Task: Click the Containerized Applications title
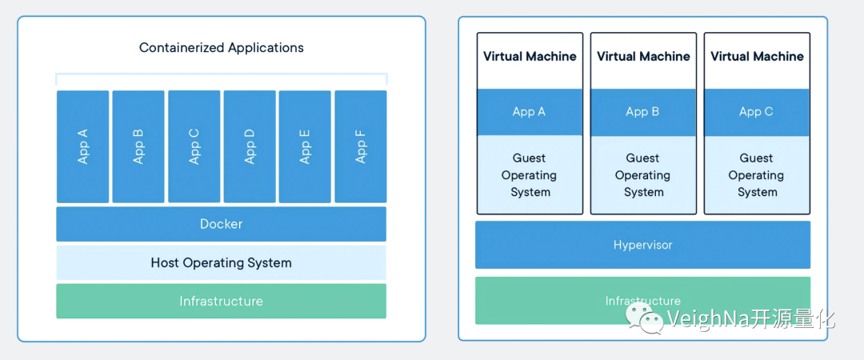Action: tap(222, 47)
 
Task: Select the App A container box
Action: tap(82, 146)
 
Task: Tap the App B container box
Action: tap(138, 146)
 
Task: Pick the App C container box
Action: tap(194, 146)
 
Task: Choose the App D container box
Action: tap(250, 146)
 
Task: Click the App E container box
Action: tap(305, 146)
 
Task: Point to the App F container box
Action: tap(360, 146)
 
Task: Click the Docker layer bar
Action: tap(221, 224)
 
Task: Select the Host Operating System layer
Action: tap(221, 262)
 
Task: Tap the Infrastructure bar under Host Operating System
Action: tap(221, 301)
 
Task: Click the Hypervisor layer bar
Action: tap(642, 245)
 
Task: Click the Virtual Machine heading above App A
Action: tap(530, 57)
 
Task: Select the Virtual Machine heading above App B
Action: tap(643, 57)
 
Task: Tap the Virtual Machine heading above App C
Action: tap(757, 57)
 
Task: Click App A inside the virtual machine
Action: tap(530, 112)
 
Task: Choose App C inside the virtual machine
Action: tap(757, 112)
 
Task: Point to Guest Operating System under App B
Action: tap(643, 175)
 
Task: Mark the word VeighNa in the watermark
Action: tap(709, 319)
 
